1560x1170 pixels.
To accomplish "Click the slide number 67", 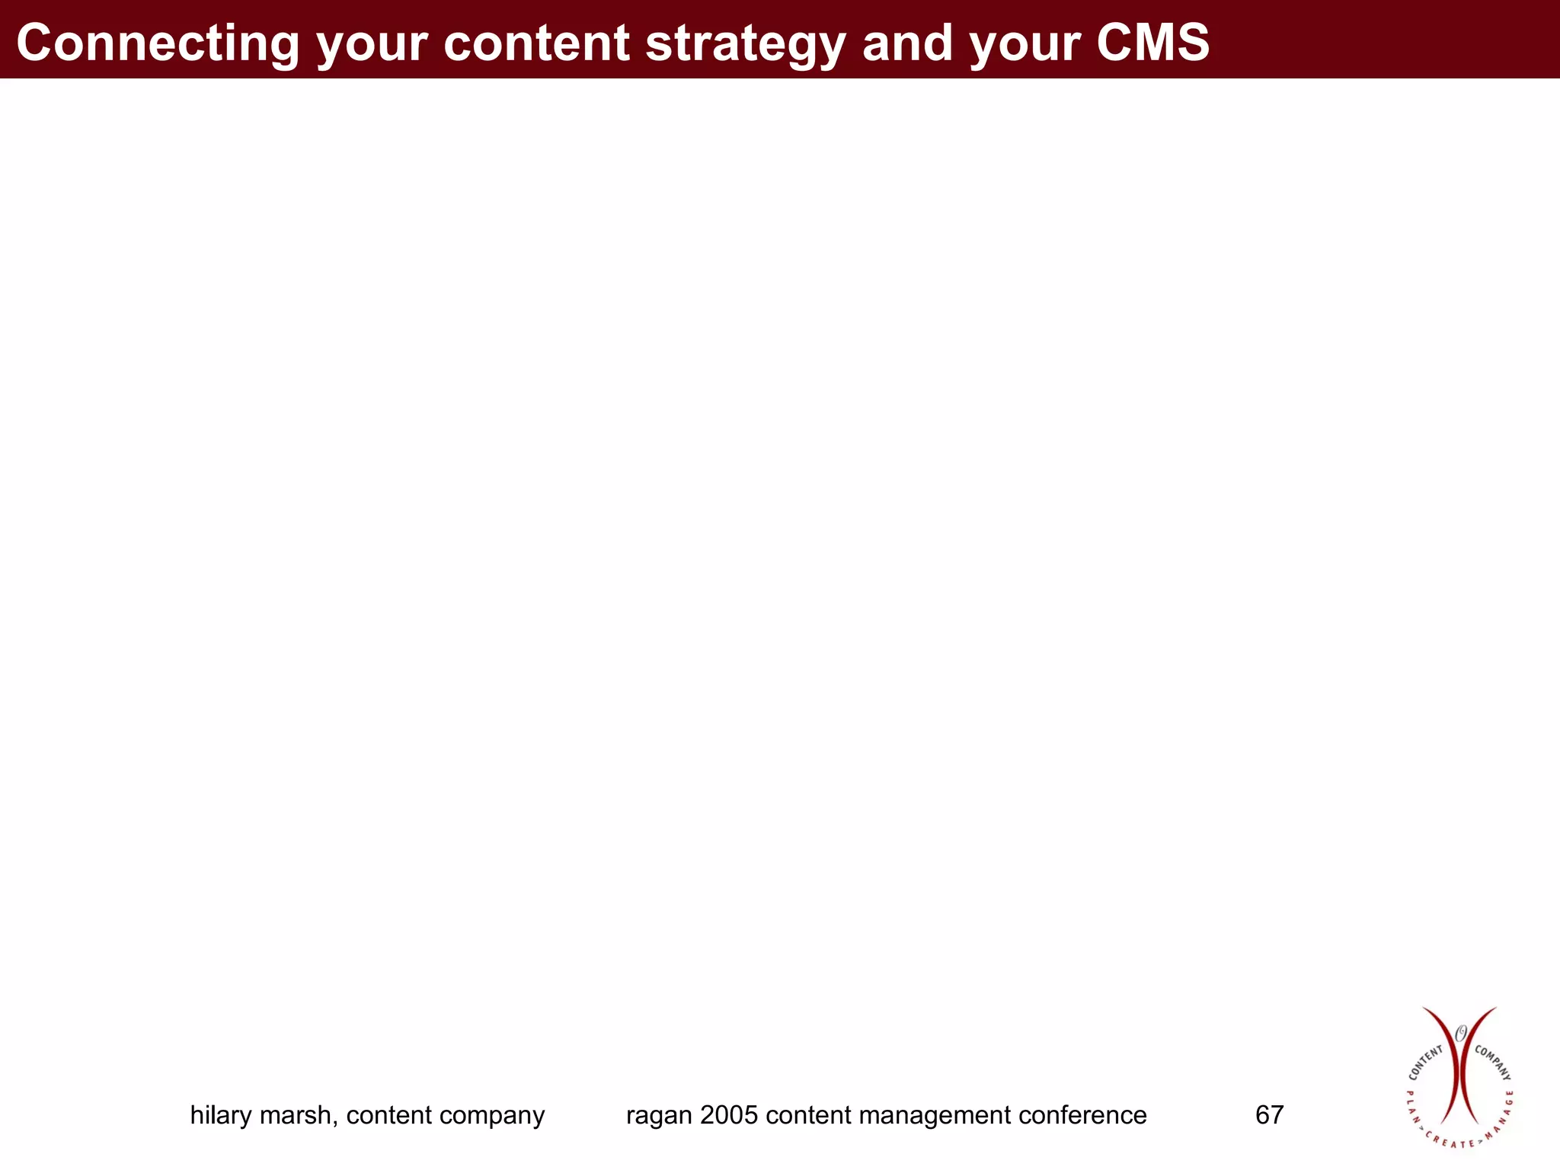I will [1269, 1115].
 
